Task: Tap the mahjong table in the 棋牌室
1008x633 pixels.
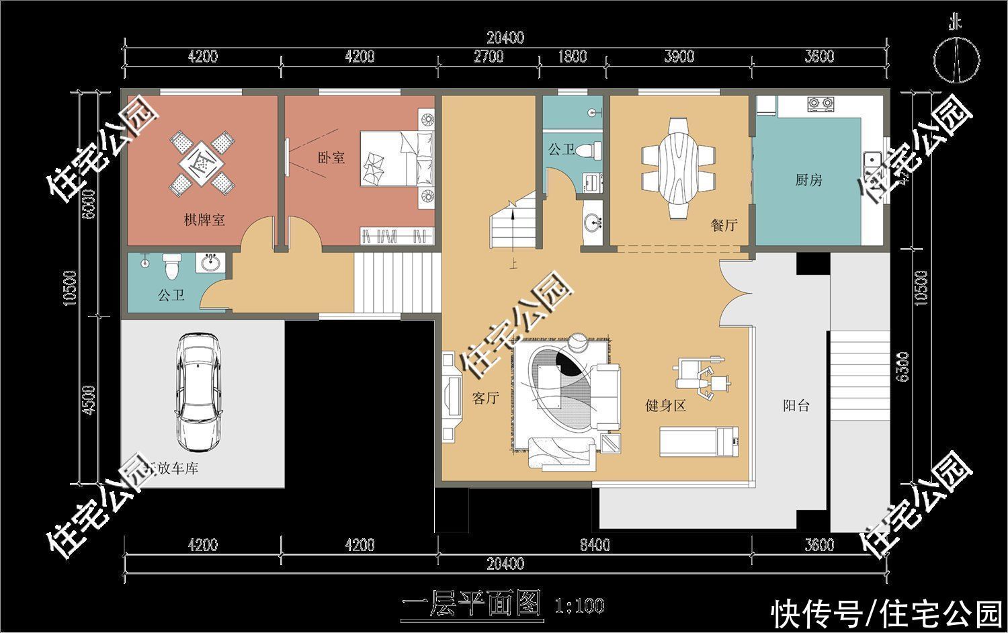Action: [200, 163]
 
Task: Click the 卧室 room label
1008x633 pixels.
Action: [331, 157]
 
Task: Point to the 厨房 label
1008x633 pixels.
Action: [808, 180]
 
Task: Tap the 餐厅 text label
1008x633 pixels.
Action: [724, 225]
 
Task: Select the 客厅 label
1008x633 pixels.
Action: [485, 398]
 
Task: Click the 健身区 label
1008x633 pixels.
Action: [665, 405]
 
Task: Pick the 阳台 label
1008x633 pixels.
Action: [796, 406]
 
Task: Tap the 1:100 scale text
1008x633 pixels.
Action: [579, 605]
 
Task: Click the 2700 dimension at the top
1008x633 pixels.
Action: [489, 56]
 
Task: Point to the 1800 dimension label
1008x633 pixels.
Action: [573, 56]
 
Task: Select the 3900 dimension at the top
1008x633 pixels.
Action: [679, 56]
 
